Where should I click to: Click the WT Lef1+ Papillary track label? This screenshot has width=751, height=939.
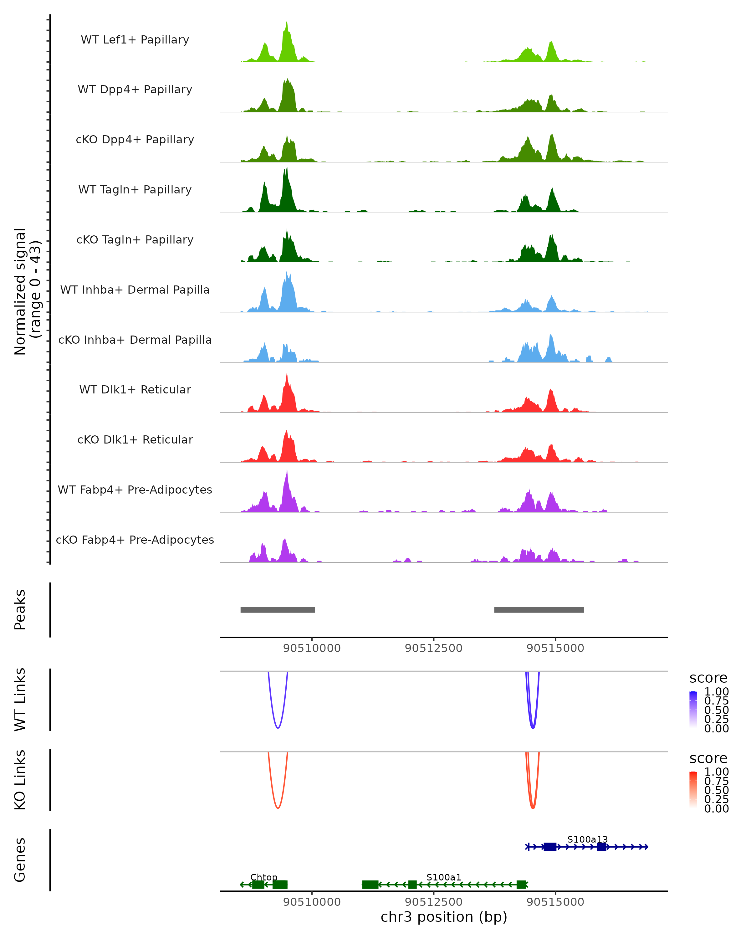click(x=135, y=40)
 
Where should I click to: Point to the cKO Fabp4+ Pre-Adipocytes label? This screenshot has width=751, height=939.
click(x=135, y=540)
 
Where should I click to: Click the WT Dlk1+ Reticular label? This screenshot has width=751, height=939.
click(x=135, y=389)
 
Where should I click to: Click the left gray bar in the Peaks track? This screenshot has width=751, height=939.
click(x=278, y=610)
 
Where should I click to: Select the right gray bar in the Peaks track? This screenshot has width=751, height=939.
click(x=539, y=610)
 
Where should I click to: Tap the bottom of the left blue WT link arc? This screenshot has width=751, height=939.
click(x=278, y=728)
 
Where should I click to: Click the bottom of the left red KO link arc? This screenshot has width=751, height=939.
click(x=278, y=808)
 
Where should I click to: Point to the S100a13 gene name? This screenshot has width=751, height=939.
click(x=587, y=839)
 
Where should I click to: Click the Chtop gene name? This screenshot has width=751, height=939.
click(x=264, y=877)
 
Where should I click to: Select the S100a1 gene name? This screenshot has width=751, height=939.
click(x=444, y=877)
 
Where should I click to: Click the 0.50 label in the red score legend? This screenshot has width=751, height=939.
click(x=716, y=790)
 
